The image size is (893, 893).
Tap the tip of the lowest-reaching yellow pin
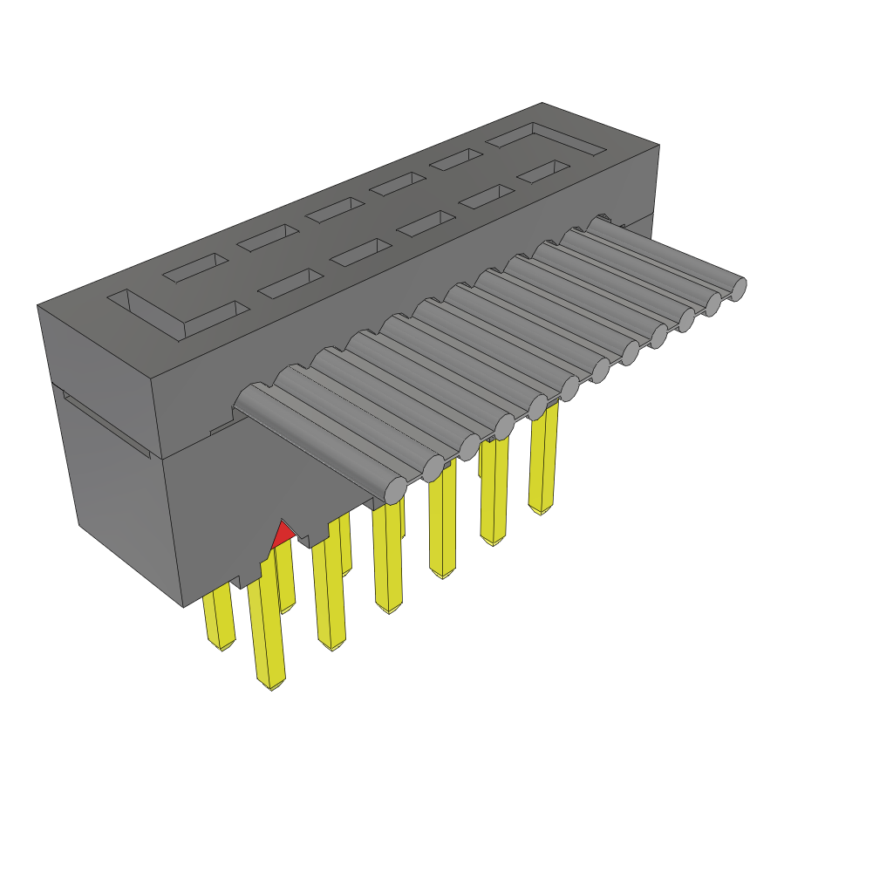coord(271,685)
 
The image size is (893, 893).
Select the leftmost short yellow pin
coord(218,619)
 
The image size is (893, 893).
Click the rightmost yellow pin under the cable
coord(543,462)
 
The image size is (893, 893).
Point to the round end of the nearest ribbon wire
coord(396,489)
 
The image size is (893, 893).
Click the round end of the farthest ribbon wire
coord(738,288)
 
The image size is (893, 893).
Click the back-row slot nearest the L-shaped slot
coord(196,268)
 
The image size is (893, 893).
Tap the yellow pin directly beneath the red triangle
coord(284,580)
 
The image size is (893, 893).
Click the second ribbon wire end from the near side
coord(433,469)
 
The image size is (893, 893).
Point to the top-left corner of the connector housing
coord(37,305)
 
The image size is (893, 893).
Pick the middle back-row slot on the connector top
coord(335,209)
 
